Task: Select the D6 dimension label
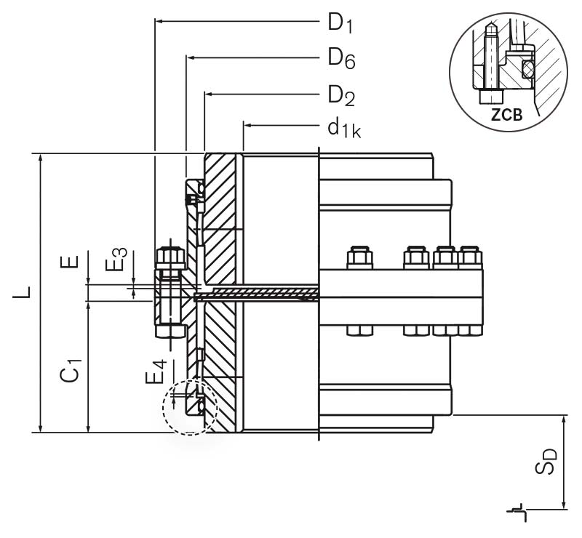[340, 57]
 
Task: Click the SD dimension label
[549, 461]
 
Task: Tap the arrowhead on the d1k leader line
[248, 126]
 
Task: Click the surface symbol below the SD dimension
[517, 512]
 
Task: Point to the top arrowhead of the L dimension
[40, 158]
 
